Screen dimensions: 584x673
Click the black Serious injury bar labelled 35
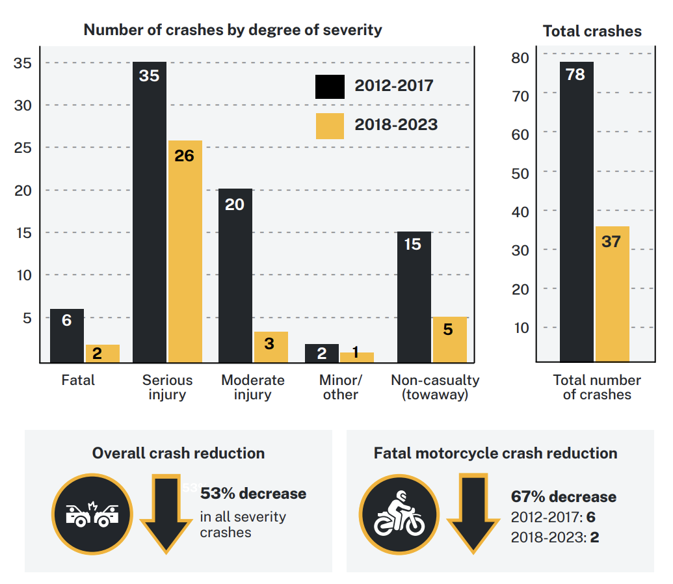click(149, 211)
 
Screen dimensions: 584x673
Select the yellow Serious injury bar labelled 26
click(185, 251)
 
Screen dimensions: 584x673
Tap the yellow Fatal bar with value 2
click(102, 353)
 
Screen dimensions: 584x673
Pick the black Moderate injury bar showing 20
click(235, 275)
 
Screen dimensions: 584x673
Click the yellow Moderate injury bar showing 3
click(271, 347)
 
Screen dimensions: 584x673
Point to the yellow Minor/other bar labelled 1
click(356, 357)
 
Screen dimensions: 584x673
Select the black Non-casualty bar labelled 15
click(413, 297)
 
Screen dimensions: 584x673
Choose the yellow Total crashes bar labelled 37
click(612, 293)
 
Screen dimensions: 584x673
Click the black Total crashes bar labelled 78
click(576, 211)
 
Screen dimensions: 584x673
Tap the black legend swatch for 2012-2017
click(330, 86)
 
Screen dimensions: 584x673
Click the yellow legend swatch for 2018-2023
click(330, 126)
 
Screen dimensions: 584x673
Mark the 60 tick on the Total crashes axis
click(521, 133)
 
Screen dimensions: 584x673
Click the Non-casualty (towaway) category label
click(435, 387)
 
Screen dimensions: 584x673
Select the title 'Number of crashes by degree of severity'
click(233, 30)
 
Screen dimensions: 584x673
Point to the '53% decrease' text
click(253, 494)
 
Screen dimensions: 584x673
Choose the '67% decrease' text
click(563, 497)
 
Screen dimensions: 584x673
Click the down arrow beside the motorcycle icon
click(473, 514)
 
